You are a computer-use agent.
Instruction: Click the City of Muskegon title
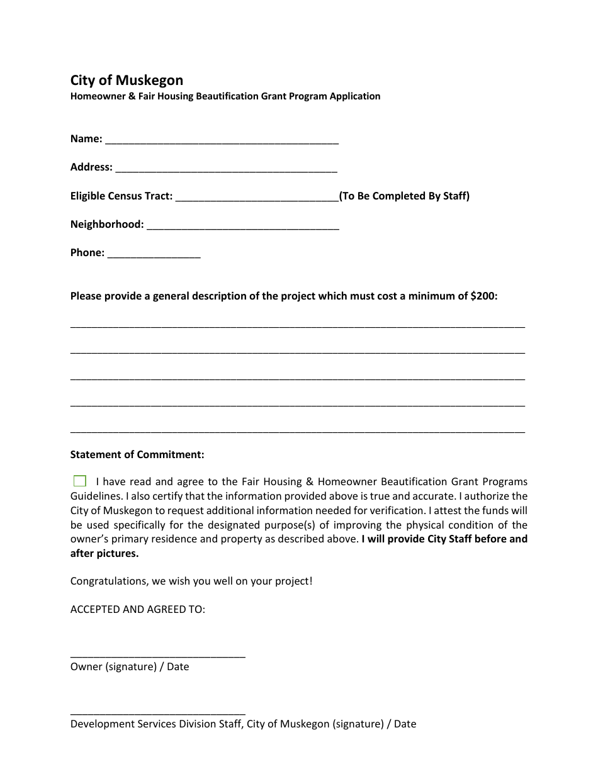(127, 81)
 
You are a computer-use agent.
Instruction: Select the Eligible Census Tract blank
(257, 198)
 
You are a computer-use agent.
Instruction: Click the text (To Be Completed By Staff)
(404, 196)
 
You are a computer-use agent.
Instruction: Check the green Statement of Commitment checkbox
(80, 481)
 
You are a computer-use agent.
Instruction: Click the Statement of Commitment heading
(137, 454)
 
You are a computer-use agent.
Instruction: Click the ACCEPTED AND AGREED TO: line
(138, 609)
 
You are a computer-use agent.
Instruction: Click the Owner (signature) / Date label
(130, 666)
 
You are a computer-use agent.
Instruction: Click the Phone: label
(87, 253)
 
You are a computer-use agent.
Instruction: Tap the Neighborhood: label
(107, 225)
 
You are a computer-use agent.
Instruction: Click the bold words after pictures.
(104, 553)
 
